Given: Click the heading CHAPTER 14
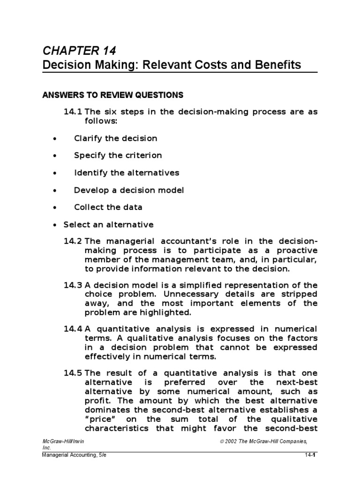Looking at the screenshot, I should (79, 51).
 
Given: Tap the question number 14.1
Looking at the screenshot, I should (73, 112).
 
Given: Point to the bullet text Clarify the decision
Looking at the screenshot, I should (115, 138).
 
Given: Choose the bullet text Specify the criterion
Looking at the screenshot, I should (118, 155).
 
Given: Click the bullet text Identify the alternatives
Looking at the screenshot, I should (127, 172).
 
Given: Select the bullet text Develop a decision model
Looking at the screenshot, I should (129, 190).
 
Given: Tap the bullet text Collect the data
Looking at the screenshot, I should (108, 207).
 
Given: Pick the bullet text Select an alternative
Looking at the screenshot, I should (108, 225).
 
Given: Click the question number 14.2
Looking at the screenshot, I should (73, 241).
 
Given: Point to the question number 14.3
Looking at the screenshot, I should (73, 285).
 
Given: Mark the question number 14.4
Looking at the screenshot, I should (73, 329).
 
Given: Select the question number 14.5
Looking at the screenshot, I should (73, 373).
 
